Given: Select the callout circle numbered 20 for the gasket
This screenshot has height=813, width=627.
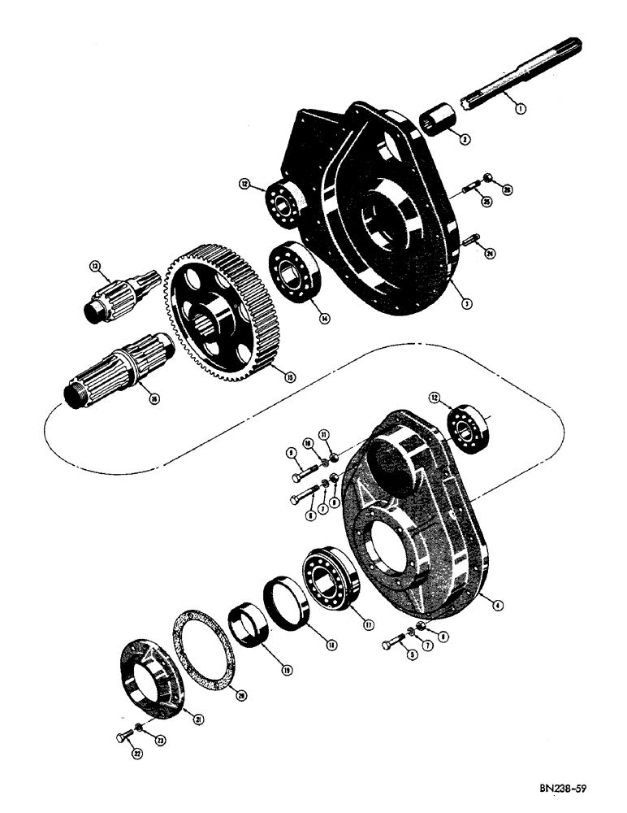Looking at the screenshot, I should pyautogui.click(x=240, y=694).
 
